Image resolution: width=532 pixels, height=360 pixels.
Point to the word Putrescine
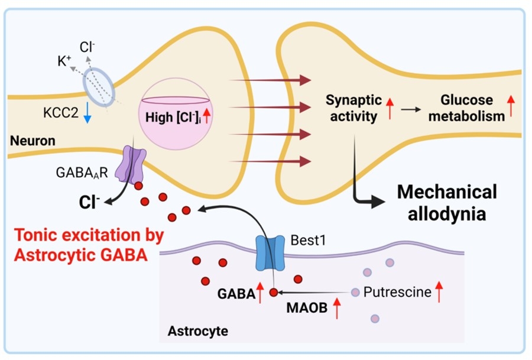pyautogui.click(x=397, y=292)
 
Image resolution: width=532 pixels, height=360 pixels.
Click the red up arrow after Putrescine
pyautogui.click(x=439, y=292)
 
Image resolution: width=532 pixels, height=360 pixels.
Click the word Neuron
pyautogui.click(x=32, y=141)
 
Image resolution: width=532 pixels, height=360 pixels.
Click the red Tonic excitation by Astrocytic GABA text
pyautogui.click(x=89, y=244)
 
